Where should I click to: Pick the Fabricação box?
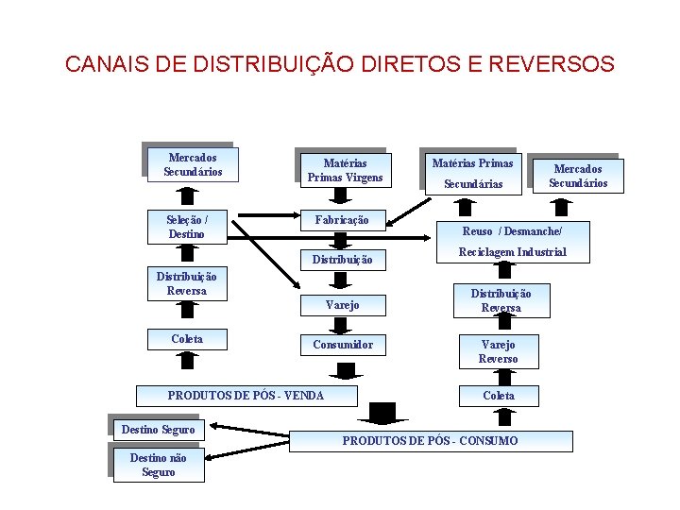pos(341,220)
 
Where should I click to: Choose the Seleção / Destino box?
pos(187,228)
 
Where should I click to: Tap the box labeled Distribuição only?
pos(341,259)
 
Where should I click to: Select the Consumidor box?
pos(343,345)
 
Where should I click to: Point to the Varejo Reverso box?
pos(498,351)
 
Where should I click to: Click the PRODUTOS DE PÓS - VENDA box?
pos(246,396)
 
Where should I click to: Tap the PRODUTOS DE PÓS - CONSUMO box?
pos(430,441)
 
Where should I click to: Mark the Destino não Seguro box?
pos(158,465)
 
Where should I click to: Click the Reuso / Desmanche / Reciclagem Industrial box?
pos(513,242)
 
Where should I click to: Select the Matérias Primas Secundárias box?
pos(472,173)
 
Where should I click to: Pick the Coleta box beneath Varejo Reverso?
pos(498,396)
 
